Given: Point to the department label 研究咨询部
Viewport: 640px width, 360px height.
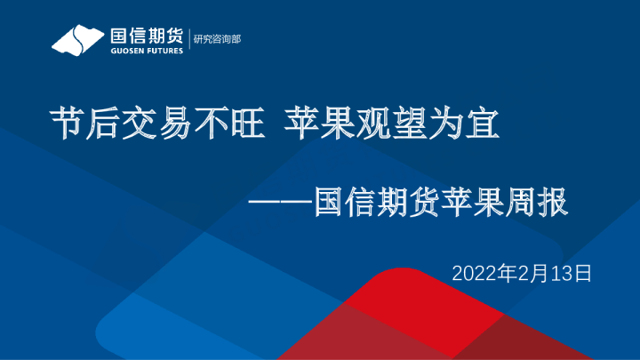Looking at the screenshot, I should pos(218,40).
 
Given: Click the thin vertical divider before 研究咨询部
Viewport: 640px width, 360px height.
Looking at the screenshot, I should pos(189,40).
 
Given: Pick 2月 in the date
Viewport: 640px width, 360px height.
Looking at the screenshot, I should pos(522,273).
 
